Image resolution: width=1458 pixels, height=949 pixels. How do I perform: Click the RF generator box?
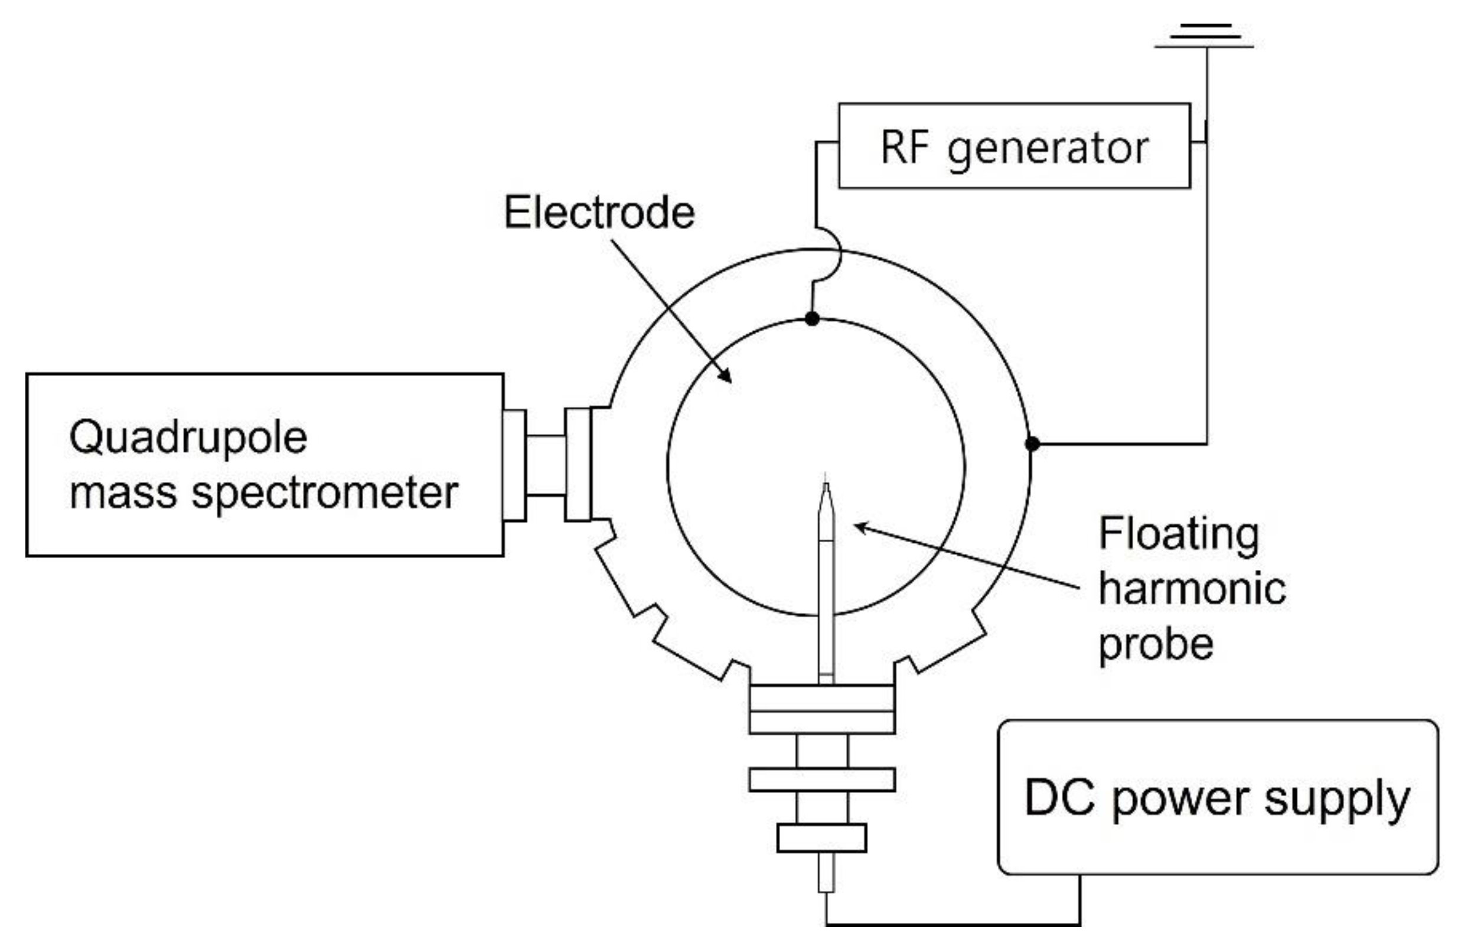1013,146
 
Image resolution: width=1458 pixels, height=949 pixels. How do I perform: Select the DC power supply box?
1217,797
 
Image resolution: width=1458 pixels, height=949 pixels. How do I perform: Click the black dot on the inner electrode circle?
812,318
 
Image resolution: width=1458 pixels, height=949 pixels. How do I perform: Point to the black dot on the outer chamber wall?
1032,443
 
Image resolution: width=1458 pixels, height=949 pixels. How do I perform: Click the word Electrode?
599,213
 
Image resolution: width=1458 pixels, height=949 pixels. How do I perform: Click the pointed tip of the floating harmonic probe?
825,484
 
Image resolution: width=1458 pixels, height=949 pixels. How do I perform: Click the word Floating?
1178,534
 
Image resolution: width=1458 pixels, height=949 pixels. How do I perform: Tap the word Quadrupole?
187,438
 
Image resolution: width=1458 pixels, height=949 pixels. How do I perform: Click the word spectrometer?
325,493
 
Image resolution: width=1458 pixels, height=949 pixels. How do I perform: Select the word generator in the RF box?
1048,148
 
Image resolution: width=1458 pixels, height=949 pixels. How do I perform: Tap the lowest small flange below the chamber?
821,837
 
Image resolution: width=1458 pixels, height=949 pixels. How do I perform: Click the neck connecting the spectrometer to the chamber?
545,465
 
